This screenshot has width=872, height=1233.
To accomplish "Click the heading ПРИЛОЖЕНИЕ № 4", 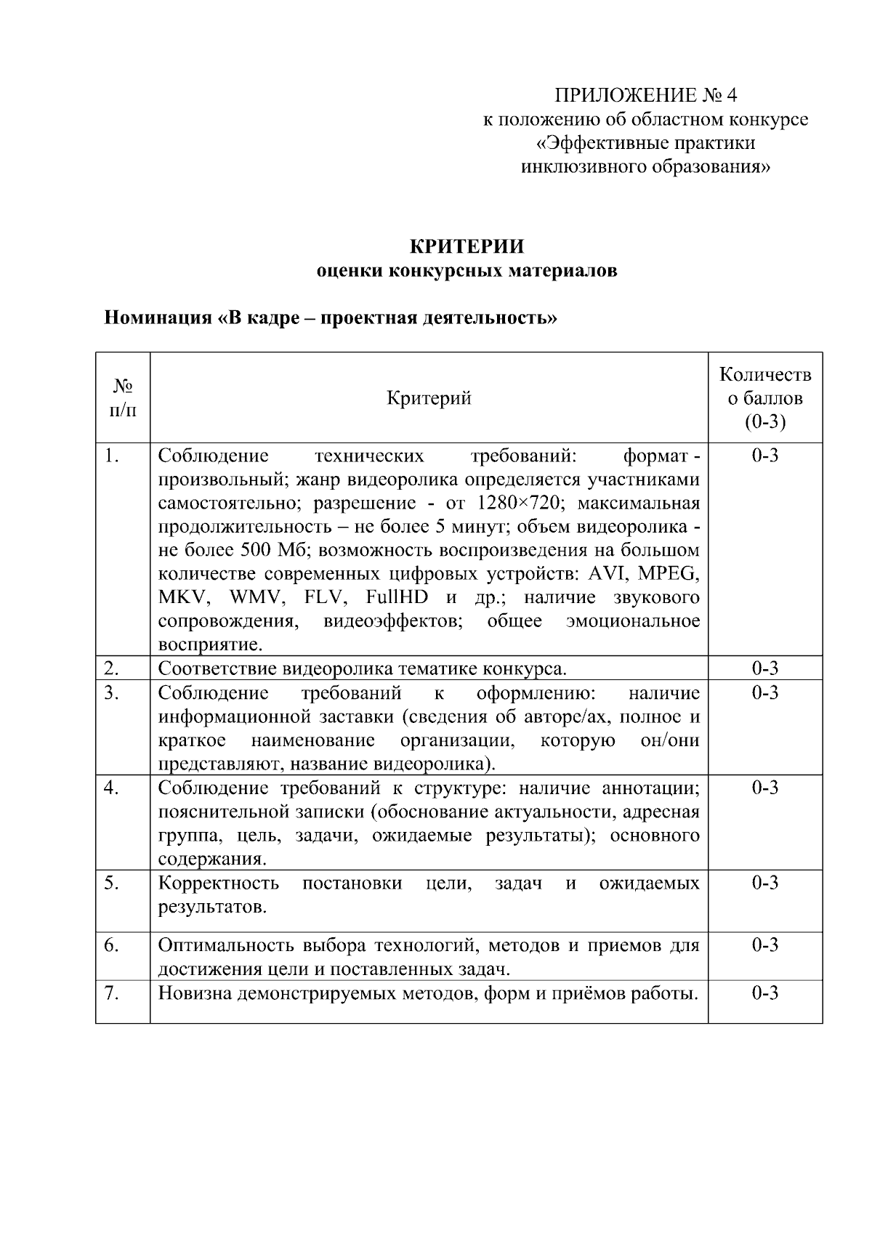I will tap(646, 95).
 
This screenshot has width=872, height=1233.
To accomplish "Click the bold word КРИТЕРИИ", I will tap(467, 246).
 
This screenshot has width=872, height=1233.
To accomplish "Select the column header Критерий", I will tap(429, 398).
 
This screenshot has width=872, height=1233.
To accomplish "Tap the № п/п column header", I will tap(122, 398).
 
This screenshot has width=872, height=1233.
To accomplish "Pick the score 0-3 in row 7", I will tap(765, 993).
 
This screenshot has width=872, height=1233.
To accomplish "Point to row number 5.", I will tap(111, 883).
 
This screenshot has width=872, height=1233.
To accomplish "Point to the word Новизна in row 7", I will tap(193, 993).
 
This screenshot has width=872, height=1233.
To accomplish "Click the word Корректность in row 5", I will tap(219, 883).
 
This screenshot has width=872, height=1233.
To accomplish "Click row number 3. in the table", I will tap(111, 692).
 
